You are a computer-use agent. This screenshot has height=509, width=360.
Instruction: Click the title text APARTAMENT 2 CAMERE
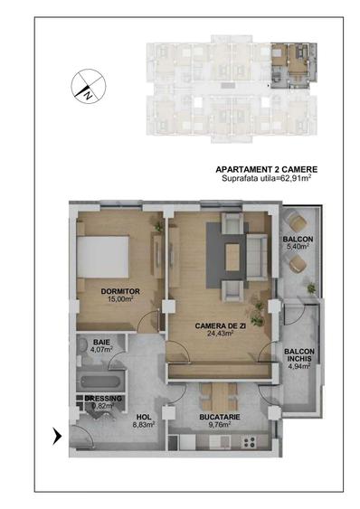pyautogui.click(x=267, y=169)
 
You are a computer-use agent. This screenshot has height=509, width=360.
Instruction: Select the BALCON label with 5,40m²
pyautogui.click(x=298, y=240)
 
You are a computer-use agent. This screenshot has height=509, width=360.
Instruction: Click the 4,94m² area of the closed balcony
pyautogui.click(x=298, y=367)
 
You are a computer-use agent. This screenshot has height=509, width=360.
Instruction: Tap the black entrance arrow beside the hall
pyautogui.click(x=59, y=437)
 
